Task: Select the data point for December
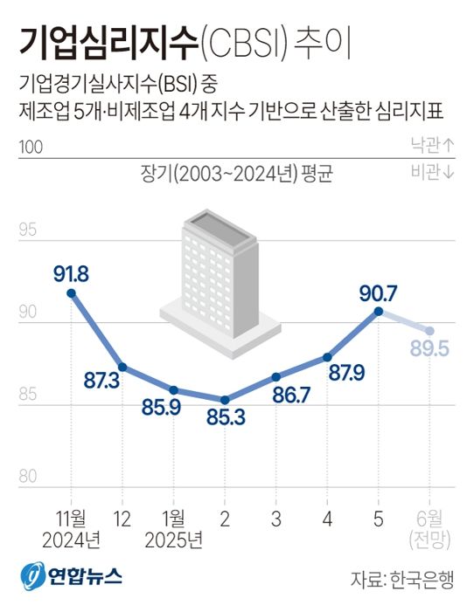click(122, 367)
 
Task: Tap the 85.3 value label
click(225, 417)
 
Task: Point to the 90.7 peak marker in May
click(378, 311)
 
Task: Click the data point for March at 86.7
click(275, 376)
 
